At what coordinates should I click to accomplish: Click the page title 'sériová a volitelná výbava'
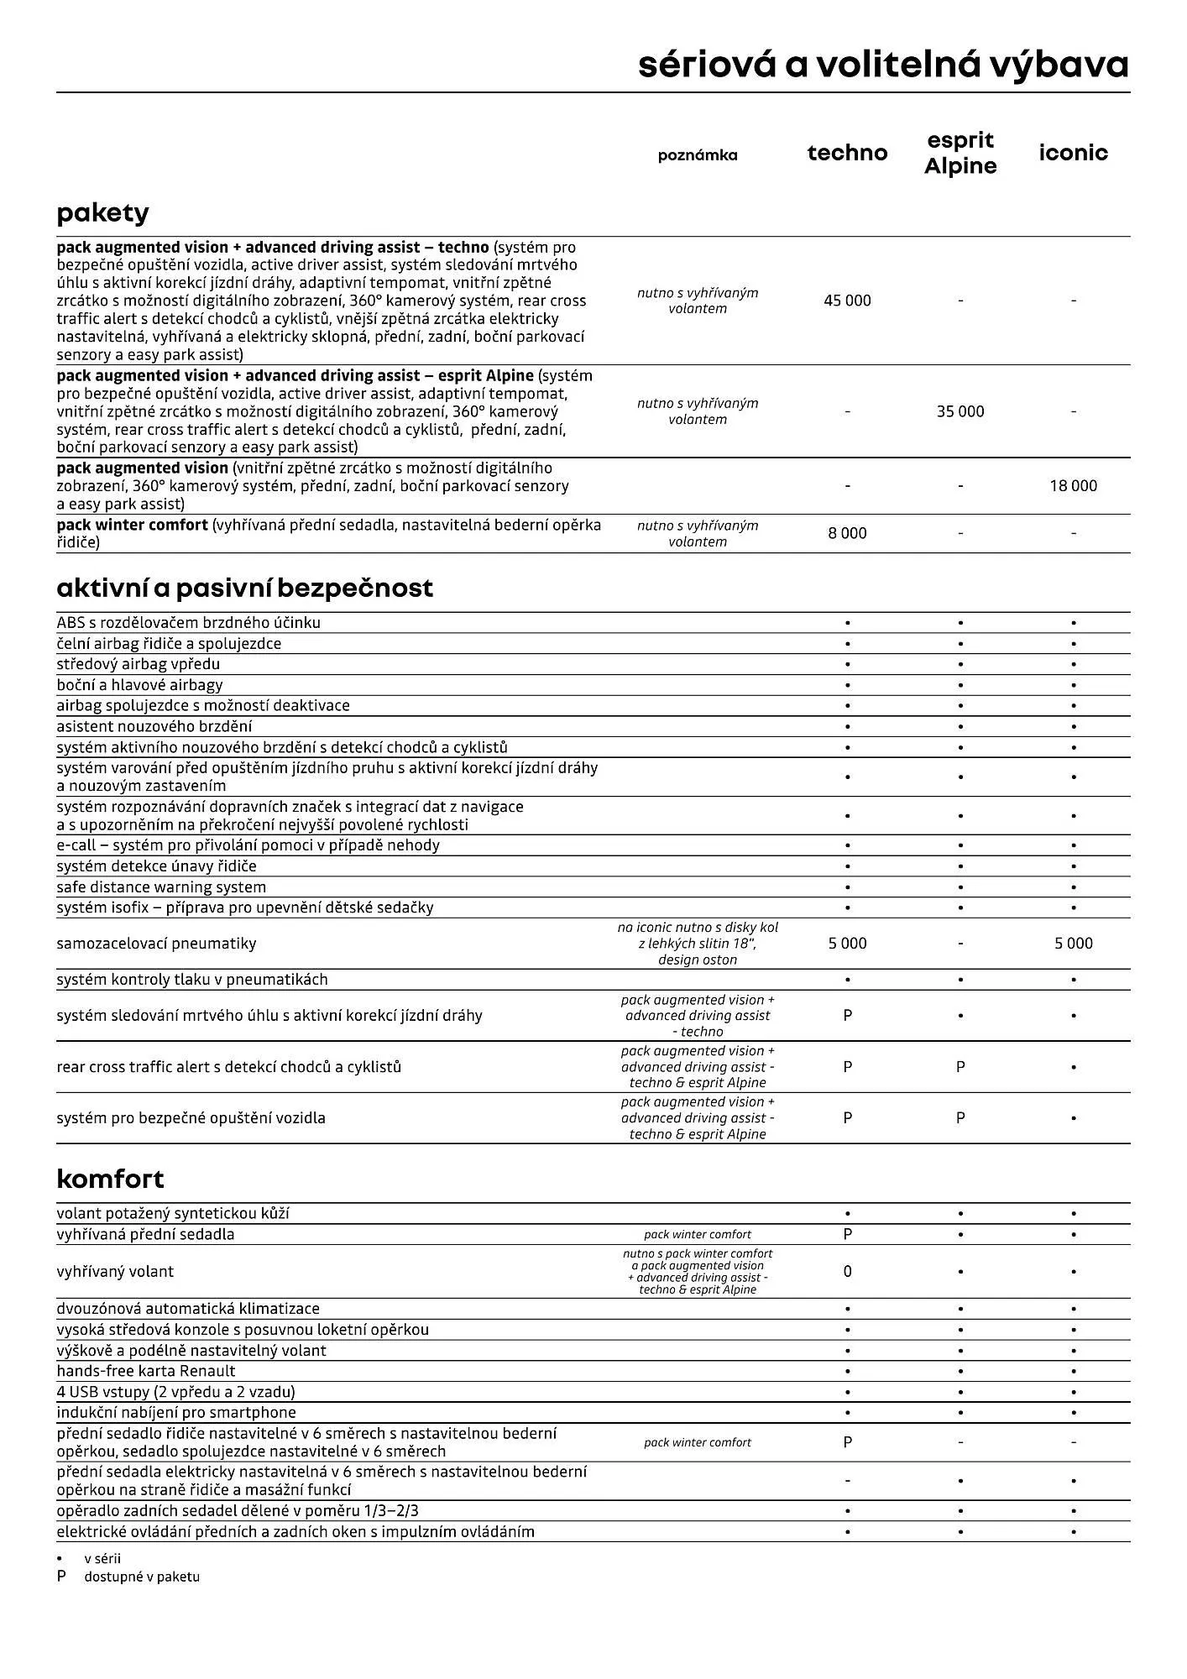(x=883, y=65)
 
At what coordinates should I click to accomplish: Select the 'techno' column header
(x=847, y=153)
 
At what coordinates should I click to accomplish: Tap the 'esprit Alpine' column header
(x=960, y=153)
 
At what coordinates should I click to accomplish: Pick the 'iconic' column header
(x=1073, y=153)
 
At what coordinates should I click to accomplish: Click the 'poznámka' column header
(x=698, y=155)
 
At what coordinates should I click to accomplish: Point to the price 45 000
(x=847, y=301)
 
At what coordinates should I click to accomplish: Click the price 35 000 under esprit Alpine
(x=960, y=411)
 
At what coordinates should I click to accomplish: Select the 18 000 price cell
(x=1073, y=485)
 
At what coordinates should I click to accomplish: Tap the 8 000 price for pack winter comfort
(x=847, y=533)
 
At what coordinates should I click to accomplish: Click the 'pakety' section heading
(x=102, y=212)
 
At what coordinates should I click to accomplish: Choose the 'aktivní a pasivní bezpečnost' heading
(x=244, y=588)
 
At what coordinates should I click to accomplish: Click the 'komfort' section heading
(x=110, y=1179)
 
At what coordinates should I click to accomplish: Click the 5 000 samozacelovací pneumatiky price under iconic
(x=1073, y=944)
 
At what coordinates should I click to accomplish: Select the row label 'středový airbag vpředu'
(x=138, y=664)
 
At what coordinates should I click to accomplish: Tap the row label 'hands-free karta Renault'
(x=146, y=1371)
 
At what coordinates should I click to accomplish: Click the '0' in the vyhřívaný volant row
(x=847, y=1271)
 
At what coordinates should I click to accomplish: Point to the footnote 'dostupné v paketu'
(x=142, y=1577)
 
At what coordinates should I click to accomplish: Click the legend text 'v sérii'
(x=102, y=1558)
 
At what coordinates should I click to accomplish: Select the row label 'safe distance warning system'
(x=161, y=887)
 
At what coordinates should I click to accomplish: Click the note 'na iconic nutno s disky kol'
(x=698, y=928)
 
